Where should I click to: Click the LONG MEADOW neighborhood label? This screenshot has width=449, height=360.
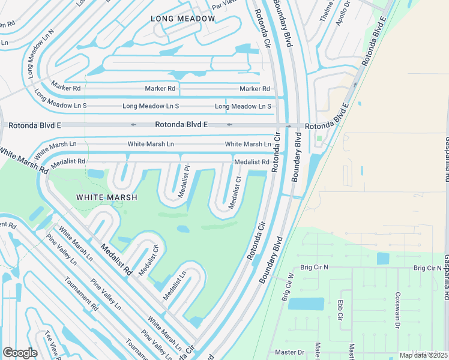(x=182, y=19)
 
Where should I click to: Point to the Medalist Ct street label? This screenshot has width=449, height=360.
(x=235, y=193)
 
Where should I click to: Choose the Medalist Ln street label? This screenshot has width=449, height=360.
(x=173, y=286)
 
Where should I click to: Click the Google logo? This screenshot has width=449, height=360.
(x=20, y=353)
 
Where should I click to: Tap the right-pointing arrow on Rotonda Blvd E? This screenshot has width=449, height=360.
(x=289, y=126)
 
